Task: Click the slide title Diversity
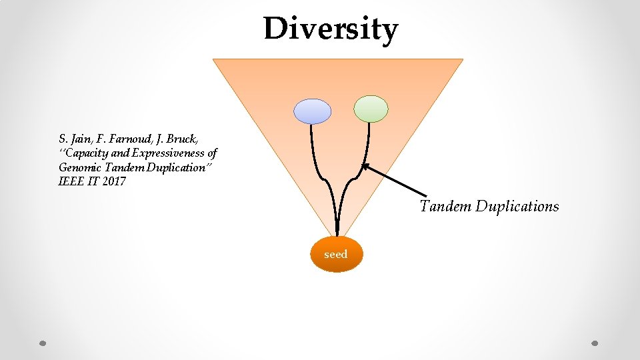coord(331,29)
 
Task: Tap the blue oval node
coord(313,111)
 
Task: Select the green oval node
coord(371,109)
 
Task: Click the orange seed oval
coord(336,254)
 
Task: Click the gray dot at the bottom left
coord(43,343)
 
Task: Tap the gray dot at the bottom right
coord(595,343)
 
